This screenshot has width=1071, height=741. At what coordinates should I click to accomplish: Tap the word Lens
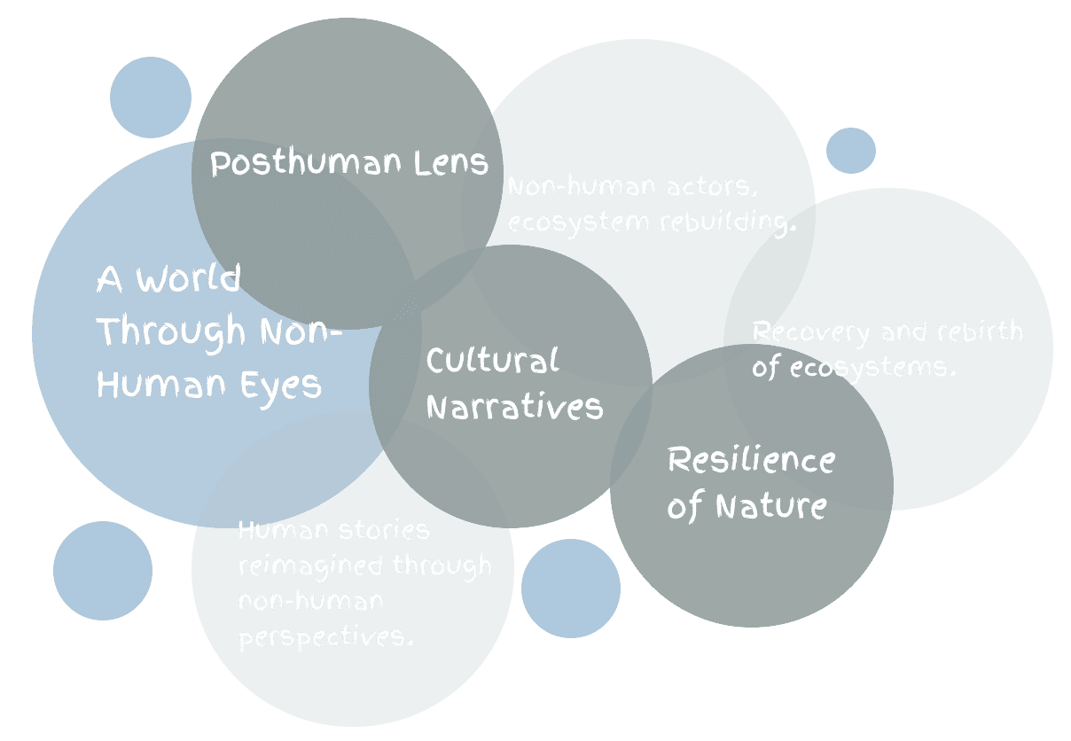click(451, 162)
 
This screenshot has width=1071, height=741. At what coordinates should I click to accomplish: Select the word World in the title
click(188, 279)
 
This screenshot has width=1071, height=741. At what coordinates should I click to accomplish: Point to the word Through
click(171, 332)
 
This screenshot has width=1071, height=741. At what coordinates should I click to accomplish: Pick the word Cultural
click(493, 361)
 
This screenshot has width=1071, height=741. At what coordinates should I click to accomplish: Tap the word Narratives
click(515, 408)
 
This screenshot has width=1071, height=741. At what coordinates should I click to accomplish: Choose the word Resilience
click(751, 460)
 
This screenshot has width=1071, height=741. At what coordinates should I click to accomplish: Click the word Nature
click(770, 507)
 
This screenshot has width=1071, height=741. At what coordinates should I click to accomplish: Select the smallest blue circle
click(851, 151)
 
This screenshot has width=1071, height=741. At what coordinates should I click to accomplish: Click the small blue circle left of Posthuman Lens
click(151, 97)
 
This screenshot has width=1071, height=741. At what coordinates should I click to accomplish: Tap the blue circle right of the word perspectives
click(571, 589)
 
